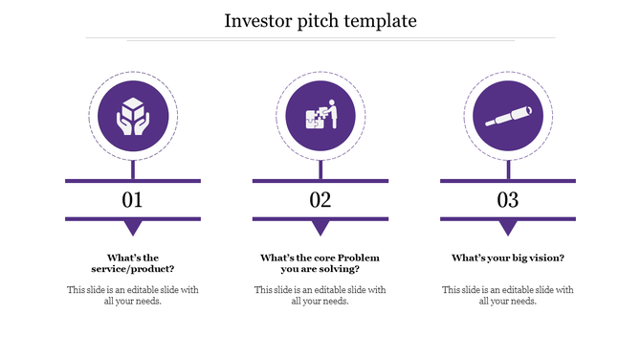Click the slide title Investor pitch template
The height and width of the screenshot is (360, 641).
(320, 20)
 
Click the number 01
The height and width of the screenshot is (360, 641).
(132, 200)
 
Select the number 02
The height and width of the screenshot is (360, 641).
(320, 200)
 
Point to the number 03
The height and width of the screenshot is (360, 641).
(507, 200)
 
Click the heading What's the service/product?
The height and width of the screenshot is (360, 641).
(132, 263)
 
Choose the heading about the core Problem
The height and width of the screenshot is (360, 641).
(320, 263)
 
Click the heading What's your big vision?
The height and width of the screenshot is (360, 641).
(507, 258)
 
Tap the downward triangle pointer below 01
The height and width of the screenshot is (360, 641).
(132, 228)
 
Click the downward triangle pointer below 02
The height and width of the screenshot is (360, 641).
(320, 228)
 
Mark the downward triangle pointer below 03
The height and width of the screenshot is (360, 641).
(507, 228)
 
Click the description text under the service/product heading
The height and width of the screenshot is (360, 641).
(132, 295)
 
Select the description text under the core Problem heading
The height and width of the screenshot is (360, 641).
(320, 295)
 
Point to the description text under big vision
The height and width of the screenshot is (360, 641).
(507, 295)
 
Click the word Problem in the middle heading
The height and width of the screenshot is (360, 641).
(359, 258)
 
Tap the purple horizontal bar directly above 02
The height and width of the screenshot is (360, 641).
(320, 180)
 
